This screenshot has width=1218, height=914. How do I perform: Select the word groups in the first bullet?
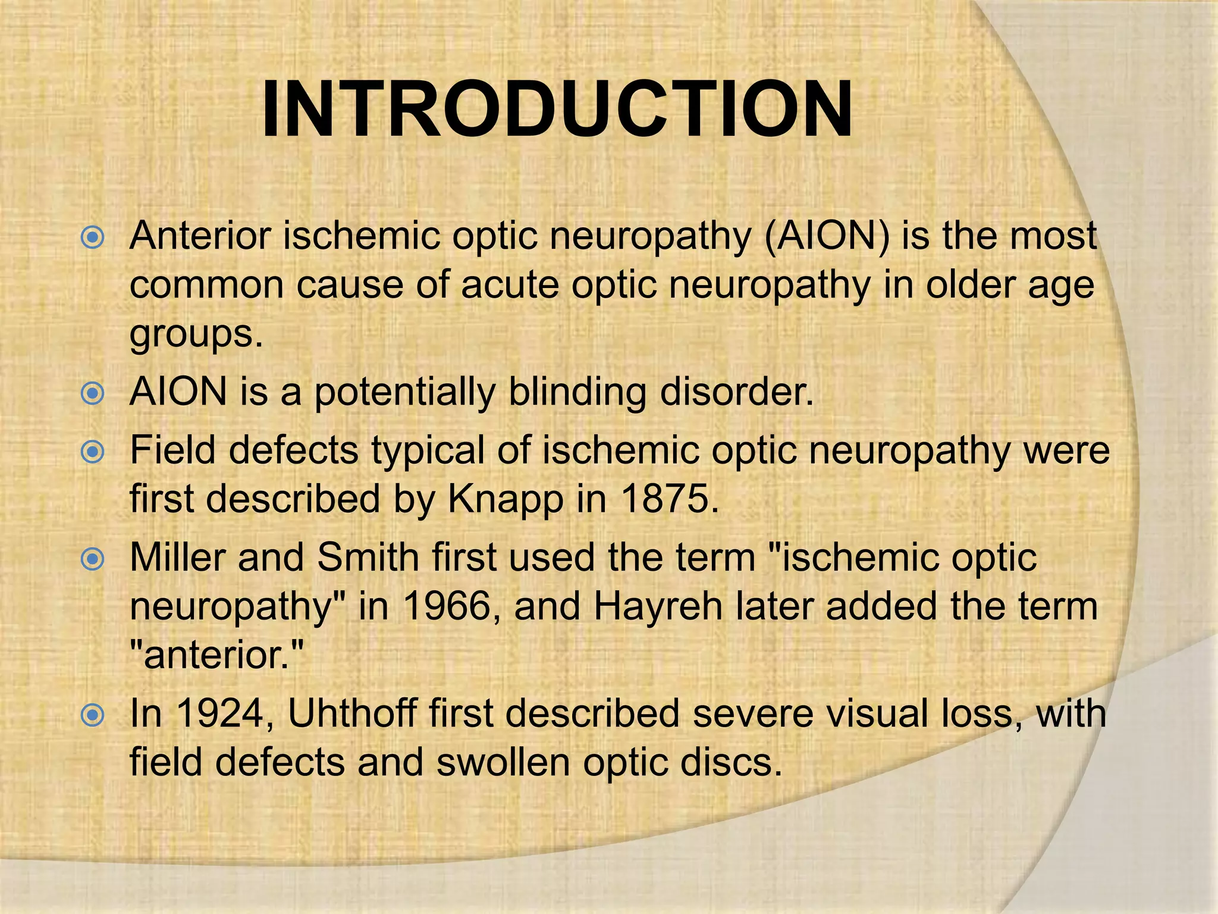196,334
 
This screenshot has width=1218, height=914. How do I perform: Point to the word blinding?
577,392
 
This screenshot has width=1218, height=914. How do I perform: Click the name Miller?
178,558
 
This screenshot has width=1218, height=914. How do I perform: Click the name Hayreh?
658,606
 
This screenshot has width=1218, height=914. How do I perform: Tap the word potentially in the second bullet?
405,393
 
